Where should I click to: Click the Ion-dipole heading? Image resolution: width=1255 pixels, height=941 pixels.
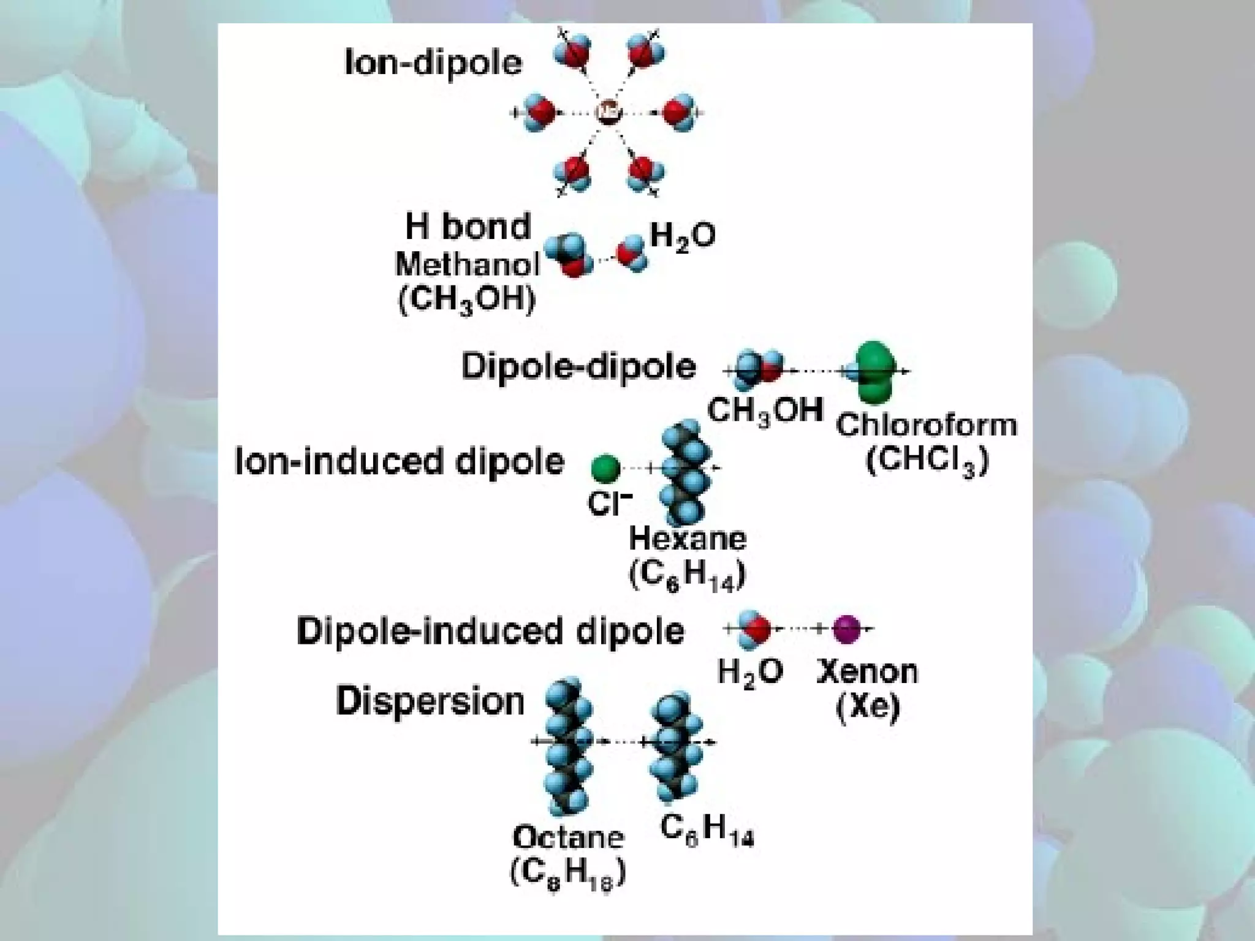[x=433, y=63]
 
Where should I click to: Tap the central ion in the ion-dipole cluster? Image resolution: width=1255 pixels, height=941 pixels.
[x=609, y=112]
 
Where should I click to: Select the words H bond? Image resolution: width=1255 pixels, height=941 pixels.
[x=468, y=227]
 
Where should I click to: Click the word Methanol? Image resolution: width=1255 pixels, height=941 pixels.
[x=468, y=265]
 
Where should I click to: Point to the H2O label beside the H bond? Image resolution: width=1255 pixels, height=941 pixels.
[x=682, y=235]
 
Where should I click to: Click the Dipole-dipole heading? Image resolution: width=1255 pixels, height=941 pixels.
[x=578, y=367]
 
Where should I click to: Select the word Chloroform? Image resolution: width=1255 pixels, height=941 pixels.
[x=927, y=425]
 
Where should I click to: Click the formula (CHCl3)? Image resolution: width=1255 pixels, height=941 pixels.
[x=927, y=461]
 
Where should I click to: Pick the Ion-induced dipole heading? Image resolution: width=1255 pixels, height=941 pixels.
[x=399, y=461]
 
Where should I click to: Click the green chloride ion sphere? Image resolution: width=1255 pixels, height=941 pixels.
[x=605, y=469]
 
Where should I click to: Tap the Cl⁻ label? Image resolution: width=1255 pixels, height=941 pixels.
[x=609, y=504]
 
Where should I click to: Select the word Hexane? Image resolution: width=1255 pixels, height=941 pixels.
[x=688, y=539]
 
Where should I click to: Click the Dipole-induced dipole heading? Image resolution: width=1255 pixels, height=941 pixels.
[x=490, y=631]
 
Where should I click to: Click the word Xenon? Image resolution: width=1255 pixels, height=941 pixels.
[x=868, y=672]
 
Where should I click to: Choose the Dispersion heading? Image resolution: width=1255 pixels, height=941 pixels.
[x=430, y=701]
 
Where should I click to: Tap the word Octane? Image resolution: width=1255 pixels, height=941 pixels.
[x=568, y=837]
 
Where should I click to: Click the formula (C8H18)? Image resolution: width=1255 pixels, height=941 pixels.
[x=568, y=873]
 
